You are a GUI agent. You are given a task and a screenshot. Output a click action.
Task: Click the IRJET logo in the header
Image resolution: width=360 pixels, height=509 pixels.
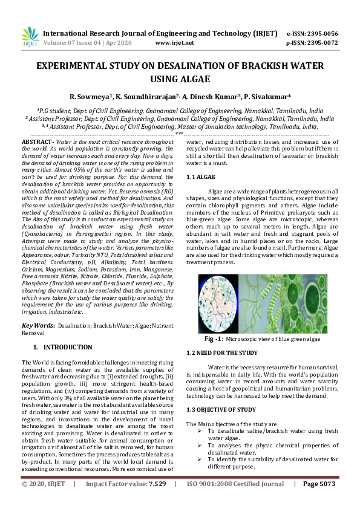[x=30, y=37]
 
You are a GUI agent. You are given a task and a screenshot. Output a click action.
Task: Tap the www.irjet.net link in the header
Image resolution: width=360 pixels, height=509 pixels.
[x=175, y=43]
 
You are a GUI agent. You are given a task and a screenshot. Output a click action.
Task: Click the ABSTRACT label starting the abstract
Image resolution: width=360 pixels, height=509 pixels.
[x=37, y=141]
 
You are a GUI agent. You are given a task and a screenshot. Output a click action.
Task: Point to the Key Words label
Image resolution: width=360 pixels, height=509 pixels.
[x=38, y=325]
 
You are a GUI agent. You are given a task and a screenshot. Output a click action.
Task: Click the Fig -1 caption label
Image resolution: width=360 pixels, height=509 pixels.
[x=215, y=339]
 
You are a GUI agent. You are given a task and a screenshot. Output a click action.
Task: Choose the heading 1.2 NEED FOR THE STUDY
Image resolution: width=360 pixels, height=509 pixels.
[x=221, y=352]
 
